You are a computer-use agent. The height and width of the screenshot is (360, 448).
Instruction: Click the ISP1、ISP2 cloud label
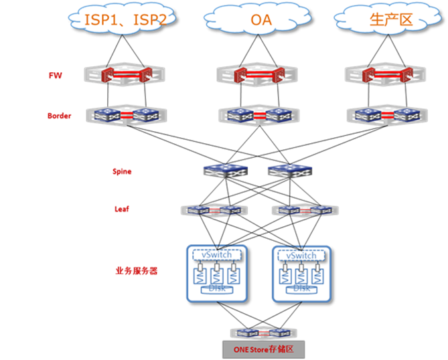[x=125, y=20]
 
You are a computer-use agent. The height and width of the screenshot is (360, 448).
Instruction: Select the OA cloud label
[x=260, y=20]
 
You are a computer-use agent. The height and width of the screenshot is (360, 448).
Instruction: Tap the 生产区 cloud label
[x=390, y=20]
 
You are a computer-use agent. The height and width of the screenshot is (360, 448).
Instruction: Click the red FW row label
[x=56, y=75]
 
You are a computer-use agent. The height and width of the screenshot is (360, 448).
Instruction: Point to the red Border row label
[x=59, y=116]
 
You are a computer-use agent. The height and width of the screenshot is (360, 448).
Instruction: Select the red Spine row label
[x=122, y=171]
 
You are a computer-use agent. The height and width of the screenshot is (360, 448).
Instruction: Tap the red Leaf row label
[x=122, y=209]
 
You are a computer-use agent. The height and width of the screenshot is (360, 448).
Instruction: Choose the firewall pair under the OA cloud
[x=258, y=74]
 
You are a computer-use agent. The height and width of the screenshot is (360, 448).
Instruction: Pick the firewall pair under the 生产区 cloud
[x=388, y=74]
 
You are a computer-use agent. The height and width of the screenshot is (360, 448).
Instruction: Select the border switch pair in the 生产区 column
[x=388, y=115]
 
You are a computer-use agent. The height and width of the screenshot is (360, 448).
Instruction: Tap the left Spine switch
[x=225, y=171]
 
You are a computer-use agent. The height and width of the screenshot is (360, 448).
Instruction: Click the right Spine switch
[x=289, y=171]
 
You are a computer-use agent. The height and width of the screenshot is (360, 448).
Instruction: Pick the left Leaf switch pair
[x=214, y=210]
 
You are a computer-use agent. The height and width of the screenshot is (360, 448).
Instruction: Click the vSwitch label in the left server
[x=216, y=256]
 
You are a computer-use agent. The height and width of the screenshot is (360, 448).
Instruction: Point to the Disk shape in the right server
[x=301, y=289]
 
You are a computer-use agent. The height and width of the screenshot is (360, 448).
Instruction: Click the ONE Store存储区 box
[x=263, y=349]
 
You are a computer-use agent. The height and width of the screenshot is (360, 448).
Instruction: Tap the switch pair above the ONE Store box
[x=263, y=333]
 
